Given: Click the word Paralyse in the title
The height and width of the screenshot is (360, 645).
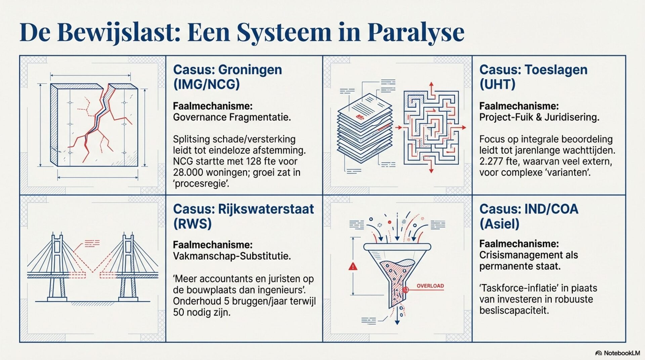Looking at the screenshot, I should pyautogui.click(x=416, y=33).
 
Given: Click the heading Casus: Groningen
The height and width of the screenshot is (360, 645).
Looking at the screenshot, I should pyautogui.click(x=227, y=70).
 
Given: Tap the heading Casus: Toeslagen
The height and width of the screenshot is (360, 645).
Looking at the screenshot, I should pyautogui.click(x=533, y=70).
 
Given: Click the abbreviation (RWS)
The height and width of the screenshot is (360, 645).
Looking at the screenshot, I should pyautogui.click(x=192, y=224).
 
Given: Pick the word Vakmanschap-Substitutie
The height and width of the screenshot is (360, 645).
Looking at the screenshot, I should pyautogui.click(x=232, y=256).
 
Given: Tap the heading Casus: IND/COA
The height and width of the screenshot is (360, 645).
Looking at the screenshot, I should pyautogui.click(x=529, y=209).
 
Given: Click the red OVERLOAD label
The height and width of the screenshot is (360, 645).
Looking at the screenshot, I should pyautogui.click(x=430, y=286).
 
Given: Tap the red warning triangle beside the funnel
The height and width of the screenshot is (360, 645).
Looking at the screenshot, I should pyautogui.click(x=353, y=267).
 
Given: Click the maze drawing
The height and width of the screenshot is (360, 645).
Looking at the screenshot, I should pyautogui.click(x=431, y=127).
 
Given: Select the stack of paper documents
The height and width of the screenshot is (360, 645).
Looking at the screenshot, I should pyautogui.click(x=364, y=128).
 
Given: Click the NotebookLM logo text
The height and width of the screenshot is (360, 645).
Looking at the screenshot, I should pyautogui.click(x=621, y=353).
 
